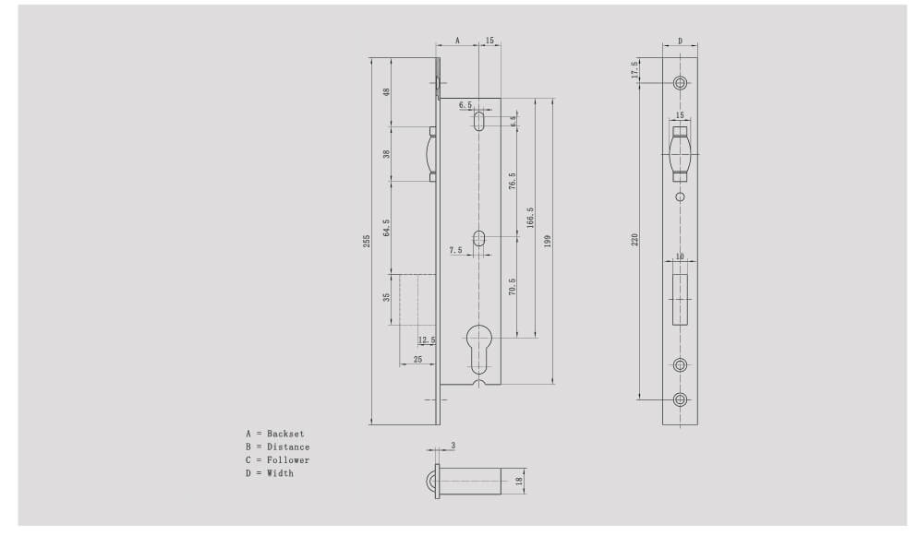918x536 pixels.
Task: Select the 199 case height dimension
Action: point(548,240)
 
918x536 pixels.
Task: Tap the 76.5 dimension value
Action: point(512,181)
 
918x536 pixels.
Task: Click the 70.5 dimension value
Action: point(512,287)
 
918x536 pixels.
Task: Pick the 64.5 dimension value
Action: point(386,228)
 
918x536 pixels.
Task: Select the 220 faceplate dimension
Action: point(634,240)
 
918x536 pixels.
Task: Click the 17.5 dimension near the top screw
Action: point(634,69)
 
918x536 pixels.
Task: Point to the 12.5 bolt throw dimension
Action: point(426,340)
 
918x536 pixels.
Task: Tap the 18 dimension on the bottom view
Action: point(519,481)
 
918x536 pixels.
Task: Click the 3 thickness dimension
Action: point(453,445)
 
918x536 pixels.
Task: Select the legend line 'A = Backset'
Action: point(274,434)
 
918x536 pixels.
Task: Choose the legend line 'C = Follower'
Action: point(277,459)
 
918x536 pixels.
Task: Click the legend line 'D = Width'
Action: point(269,473)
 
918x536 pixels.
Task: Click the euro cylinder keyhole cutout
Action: point(480,345)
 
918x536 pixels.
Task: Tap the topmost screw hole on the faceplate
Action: point(680,83)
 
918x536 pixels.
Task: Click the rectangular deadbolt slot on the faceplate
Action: point(680,298)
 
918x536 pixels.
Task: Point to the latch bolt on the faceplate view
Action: point(680,151)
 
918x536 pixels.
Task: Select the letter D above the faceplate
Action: point(680,42)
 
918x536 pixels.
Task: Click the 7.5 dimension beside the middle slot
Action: point(455,250)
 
